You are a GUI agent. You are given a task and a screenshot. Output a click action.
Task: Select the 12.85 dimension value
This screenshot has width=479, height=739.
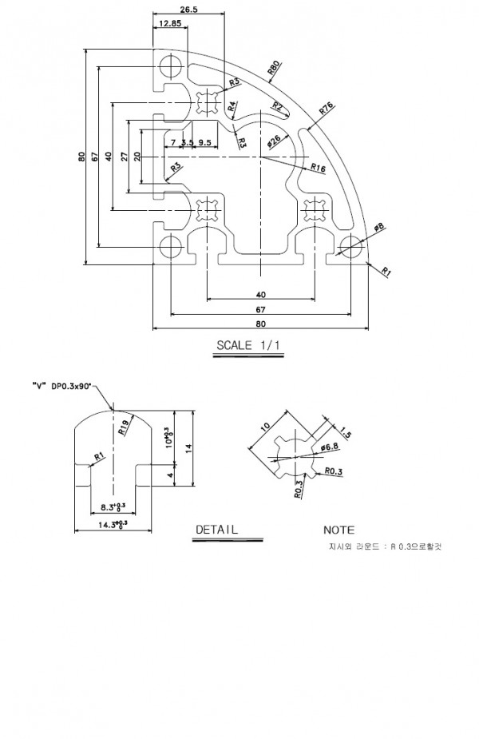pyautogui.click(x=169, y=23)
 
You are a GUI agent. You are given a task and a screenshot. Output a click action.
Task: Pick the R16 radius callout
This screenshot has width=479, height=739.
pyautogui.click(x=317, y=169)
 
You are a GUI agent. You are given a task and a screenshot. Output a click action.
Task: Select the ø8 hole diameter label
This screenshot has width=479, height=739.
pyautogui.click(x=379, y=228)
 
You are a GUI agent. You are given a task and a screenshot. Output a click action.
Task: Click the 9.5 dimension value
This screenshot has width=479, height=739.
pyautogui.click(x=204, y=142)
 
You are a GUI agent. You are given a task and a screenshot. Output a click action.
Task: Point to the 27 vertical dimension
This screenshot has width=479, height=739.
pyautogui.click(x=124, y=157)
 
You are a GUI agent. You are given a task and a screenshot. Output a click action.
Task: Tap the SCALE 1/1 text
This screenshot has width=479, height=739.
pyautogui.click(x=248, y=346)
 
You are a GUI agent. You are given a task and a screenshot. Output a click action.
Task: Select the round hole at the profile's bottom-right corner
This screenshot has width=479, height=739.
pyautogui.click(x=349, y=244)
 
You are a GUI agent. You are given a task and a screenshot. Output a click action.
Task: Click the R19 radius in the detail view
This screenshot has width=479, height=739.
pyautogui.click(x=124, y=426)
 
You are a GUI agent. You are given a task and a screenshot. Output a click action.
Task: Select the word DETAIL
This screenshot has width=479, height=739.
pyautogui.click(x=216, y=529)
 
